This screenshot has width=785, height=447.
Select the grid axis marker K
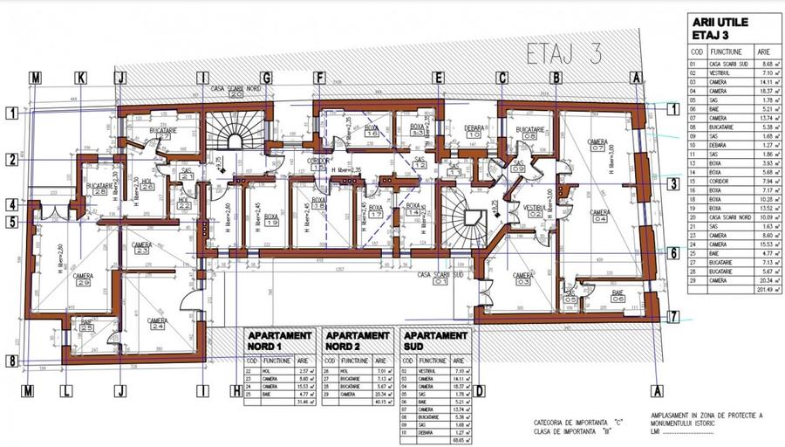click(80, 78)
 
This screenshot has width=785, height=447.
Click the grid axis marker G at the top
click(266, 78)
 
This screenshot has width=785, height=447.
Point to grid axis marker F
click(319, 78)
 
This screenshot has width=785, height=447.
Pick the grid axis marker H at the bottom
click(235, 391)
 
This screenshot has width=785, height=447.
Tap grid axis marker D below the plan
click(480, 391)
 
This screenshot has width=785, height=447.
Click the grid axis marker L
click(66, 391)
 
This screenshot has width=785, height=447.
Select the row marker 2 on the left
click(12, 159)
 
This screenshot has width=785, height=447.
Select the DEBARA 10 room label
click(474, 131)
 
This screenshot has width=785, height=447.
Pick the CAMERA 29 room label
click(83, 279)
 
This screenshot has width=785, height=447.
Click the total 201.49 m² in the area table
click(751, 290)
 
